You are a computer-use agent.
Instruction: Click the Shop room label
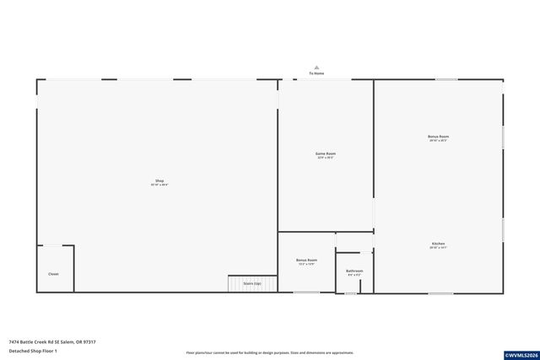(x=159, y=181)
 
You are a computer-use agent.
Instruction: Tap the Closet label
(x=53, y=274)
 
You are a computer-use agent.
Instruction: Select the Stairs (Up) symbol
(x=252, y=284)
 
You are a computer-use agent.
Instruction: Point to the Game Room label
(x=326, y=153)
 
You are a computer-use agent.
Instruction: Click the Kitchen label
(x=438, y=244)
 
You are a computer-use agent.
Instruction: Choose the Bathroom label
(x=354, y=271)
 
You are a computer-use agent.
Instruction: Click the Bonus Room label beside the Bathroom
(x=306, y=260)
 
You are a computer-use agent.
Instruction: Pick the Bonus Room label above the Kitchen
(x=438, y=137)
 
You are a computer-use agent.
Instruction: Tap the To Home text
(x=316, y=73)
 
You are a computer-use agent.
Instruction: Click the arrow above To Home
(x=316, y=67)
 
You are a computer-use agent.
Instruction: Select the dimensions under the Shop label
(x=159, y=185)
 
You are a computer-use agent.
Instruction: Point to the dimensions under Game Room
(x=326, y=158)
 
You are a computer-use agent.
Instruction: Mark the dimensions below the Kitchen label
(x=438, y=248)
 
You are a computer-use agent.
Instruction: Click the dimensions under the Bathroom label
(x=354, y=275)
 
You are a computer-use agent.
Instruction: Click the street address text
(x=52, y=342)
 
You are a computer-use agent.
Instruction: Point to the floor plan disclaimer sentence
(x=269, y=353)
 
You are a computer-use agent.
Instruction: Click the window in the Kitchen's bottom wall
(x=440, y=293)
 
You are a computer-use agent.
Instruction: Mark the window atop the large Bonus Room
(x=446, y=80)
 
